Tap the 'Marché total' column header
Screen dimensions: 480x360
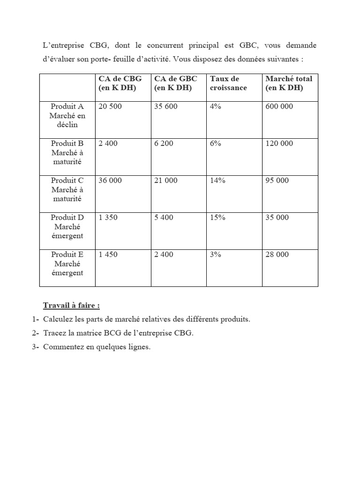coord(288,83)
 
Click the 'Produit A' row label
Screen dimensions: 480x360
coord(67,106)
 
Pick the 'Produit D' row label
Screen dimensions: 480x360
coord(67,217)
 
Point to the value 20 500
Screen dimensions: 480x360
coord(110,106)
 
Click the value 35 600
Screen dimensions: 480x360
coord(166,106)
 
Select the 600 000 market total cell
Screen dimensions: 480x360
coord(279,106)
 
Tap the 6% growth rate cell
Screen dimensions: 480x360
coord(216,143)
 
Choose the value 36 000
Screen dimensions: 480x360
coord(110,180)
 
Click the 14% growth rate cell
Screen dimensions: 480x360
coord(217,180)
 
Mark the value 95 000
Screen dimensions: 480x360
coord(277,180)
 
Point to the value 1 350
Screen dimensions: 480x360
coord(108,217)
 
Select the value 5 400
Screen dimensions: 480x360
coord(164,217)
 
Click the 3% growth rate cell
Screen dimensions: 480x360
coord(216,255)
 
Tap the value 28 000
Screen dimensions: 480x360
coord(277,255)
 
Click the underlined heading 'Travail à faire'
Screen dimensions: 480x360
coord(71,306)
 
